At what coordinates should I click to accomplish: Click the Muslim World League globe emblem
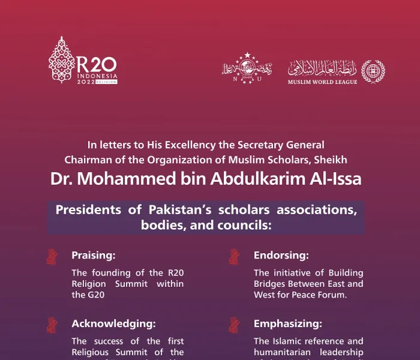click(x=373, y=71)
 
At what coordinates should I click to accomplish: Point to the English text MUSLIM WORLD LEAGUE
click(x=322, y=82)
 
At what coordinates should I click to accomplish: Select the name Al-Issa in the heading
click(x=333, y=179)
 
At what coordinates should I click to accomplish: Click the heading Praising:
click(x=93, y=255)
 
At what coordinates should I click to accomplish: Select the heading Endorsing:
click(x=281, y=255)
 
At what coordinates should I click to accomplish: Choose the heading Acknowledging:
click(x=113, y=323)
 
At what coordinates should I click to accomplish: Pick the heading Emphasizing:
click(x=288, y=323)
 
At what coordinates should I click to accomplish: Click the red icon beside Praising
click(x=52, y=257)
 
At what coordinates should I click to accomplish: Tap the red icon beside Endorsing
click(x=234, y=257)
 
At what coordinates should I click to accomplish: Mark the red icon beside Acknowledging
click(x=52, y=325)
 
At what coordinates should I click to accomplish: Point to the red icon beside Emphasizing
click(x=234, y=325)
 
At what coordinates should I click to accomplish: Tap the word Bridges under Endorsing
click(x=272, y=284)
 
